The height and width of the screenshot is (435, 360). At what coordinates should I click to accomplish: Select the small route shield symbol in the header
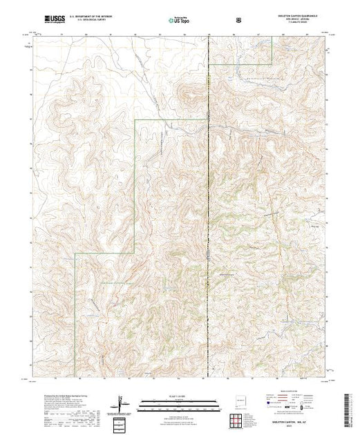[239, 21]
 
